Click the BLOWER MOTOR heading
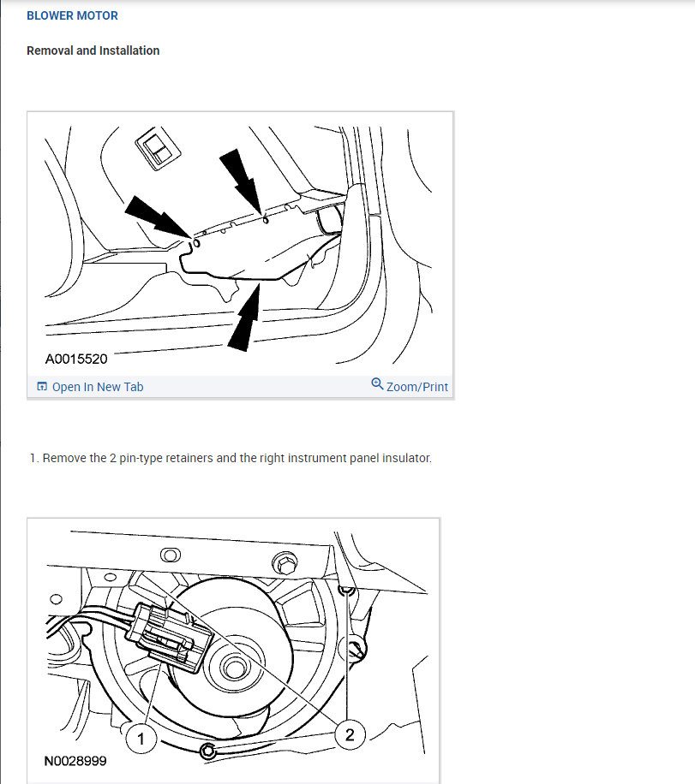tap(72, 15)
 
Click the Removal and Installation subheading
tap(93, 50)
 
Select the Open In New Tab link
tap(98, 387)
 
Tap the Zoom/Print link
tap(417, 387)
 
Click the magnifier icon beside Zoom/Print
tap(377, 384)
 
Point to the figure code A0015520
tap(76, 359)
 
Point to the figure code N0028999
tap(75, 761)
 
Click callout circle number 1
tap(141, 739)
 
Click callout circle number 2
tap(350, 734)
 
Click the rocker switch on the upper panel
tap(158, 148)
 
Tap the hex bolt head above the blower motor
tap(285, 563)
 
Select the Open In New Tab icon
tap(42, 387)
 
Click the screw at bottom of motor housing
tap(207, 751)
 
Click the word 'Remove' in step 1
tap(57, 458)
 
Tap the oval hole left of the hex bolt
tap(171, 555)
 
